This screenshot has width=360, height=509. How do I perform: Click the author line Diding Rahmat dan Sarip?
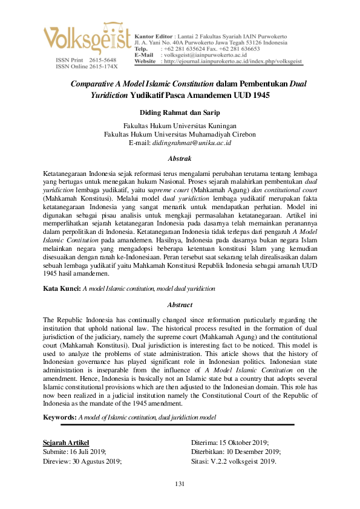point(180,112)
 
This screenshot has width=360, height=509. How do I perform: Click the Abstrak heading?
point(179,158)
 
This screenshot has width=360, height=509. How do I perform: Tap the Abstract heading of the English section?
point(179,305)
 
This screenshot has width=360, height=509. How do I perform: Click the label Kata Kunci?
point(62,290)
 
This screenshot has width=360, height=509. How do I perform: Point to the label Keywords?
point(59,417)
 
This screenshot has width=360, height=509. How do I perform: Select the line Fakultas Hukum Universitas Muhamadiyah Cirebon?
point(180,135)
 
